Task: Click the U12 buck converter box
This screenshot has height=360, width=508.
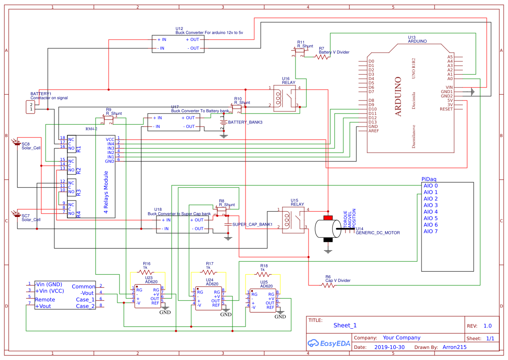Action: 178,44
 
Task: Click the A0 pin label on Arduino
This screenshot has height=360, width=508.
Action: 450,79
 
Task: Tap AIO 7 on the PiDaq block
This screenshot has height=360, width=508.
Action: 430,231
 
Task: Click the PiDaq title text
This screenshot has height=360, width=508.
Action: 429,179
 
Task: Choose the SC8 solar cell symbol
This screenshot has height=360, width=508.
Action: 17,143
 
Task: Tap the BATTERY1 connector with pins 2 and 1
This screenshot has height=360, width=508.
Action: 30,107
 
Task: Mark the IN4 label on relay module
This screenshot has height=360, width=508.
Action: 111,143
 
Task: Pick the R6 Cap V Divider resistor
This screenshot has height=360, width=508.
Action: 327,285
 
